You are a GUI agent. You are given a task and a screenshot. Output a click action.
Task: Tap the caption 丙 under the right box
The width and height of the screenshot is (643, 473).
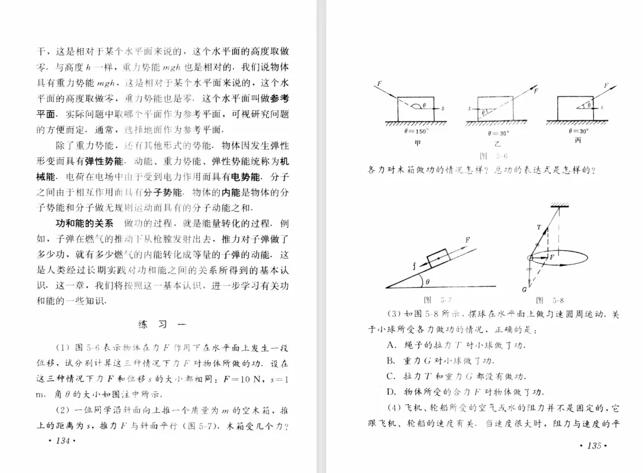pyautogui.click(x=578, y=141)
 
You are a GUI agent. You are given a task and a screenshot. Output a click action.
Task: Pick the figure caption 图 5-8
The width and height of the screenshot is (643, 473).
pyautogui.click(x=550, y=300)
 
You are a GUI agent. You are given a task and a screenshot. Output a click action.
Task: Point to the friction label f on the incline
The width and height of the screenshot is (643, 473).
pyautogui.click(x=416, y=266)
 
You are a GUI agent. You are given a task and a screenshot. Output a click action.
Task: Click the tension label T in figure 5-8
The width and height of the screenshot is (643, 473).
pyautogui.click(x=539, y=226)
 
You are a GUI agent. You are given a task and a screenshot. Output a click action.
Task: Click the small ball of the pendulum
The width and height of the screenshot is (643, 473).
pyautogui.click(x=530, y=257)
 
